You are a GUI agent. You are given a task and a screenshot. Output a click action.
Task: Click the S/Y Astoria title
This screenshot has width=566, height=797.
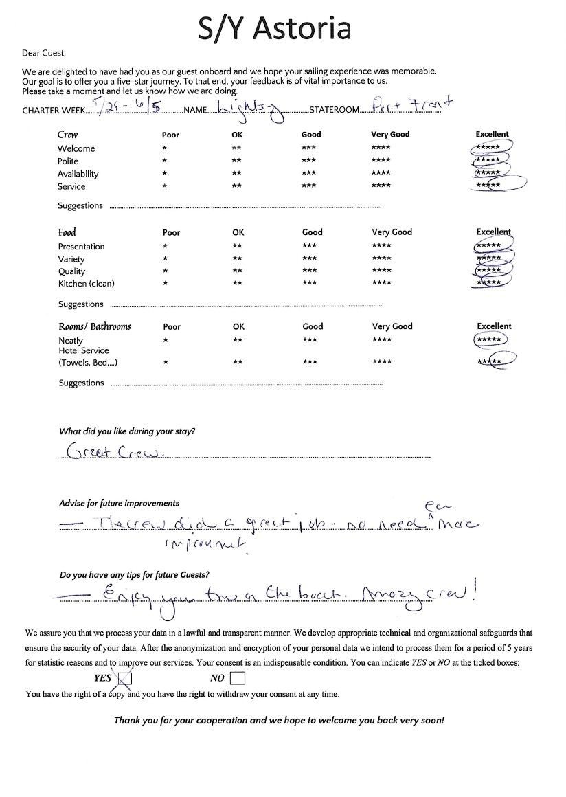pyautogui.click(x=275, y=28)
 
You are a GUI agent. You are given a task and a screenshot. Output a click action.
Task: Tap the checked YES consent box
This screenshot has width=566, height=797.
pyautogui.click(x=125, y=679)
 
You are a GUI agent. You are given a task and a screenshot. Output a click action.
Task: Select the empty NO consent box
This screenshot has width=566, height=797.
pyautogui.click(x=238, y=679)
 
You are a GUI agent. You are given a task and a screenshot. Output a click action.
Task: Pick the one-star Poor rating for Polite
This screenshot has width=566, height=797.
pyautogui.click(x=164, y=161)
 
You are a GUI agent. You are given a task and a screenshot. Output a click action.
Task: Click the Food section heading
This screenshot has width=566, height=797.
pyautogui.click(x=67, y=232)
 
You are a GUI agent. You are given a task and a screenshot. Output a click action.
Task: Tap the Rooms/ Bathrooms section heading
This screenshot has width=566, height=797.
pyautogui.click(x=95, y=326)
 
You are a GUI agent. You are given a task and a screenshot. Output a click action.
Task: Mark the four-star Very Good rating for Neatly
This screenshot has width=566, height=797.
pyautogui.click(x=381, y=340)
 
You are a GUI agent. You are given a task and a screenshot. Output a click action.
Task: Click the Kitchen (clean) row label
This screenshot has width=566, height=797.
pyautogui.click(x=86, y=284)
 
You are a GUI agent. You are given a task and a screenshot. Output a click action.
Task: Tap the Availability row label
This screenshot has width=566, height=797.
pyautogui.click(x=78, y=174)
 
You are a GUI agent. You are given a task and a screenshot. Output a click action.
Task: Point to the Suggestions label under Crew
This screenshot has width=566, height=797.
pyautogui.click(x=80, y=206)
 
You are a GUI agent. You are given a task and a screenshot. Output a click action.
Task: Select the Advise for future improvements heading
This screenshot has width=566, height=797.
pyautogui.click(x=120, y=504)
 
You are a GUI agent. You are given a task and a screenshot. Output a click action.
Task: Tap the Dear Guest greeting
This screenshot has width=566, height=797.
pyautogui.click(x=44, y=53)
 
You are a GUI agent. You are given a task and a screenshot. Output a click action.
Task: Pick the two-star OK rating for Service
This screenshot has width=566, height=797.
pyautogui.click(x=236, y=187)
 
